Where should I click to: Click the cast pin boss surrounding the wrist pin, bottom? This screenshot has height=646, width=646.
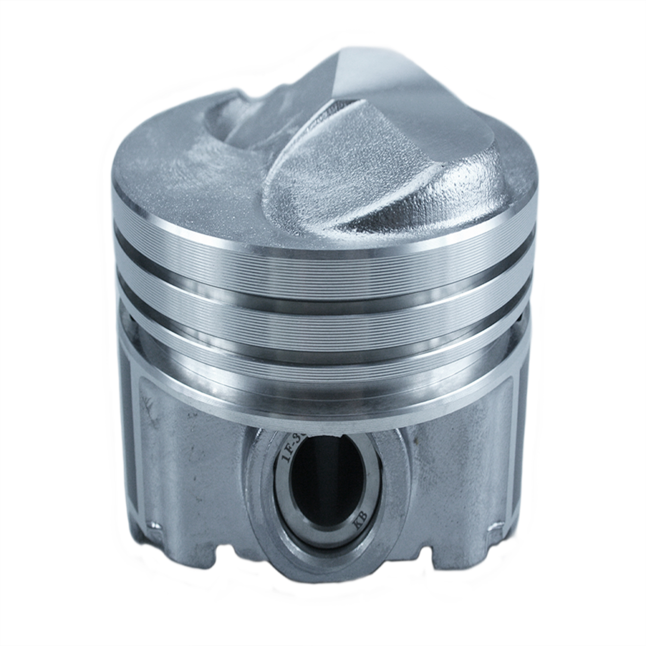[x=327, y=560]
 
